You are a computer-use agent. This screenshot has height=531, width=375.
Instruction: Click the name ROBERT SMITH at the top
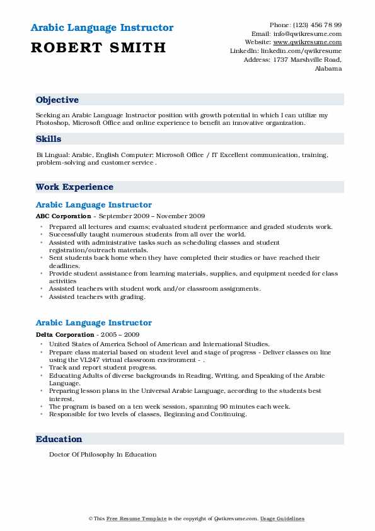tap(99, 47)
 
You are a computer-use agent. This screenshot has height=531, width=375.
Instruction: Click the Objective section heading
tap(57, 100)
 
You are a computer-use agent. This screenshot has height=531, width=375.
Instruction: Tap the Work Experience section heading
tap(74, 187)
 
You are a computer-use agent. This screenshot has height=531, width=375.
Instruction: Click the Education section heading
tap(59, 439)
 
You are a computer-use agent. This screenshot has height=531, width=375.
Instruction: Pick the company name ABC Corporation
tap(62, 216)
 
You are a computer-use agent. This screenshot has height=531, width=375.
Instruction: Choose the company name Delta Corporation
tap(65, 334)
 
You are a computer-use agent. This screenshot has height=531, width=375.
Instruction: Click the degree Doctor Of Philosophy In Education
tap(102, 454)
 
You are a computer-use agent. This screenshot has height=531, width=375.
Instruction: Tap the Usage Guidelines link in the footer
tap(283, 518)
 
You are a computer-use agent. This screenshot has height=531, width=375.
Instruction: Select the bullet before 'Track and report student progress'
tap(42, 367)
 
